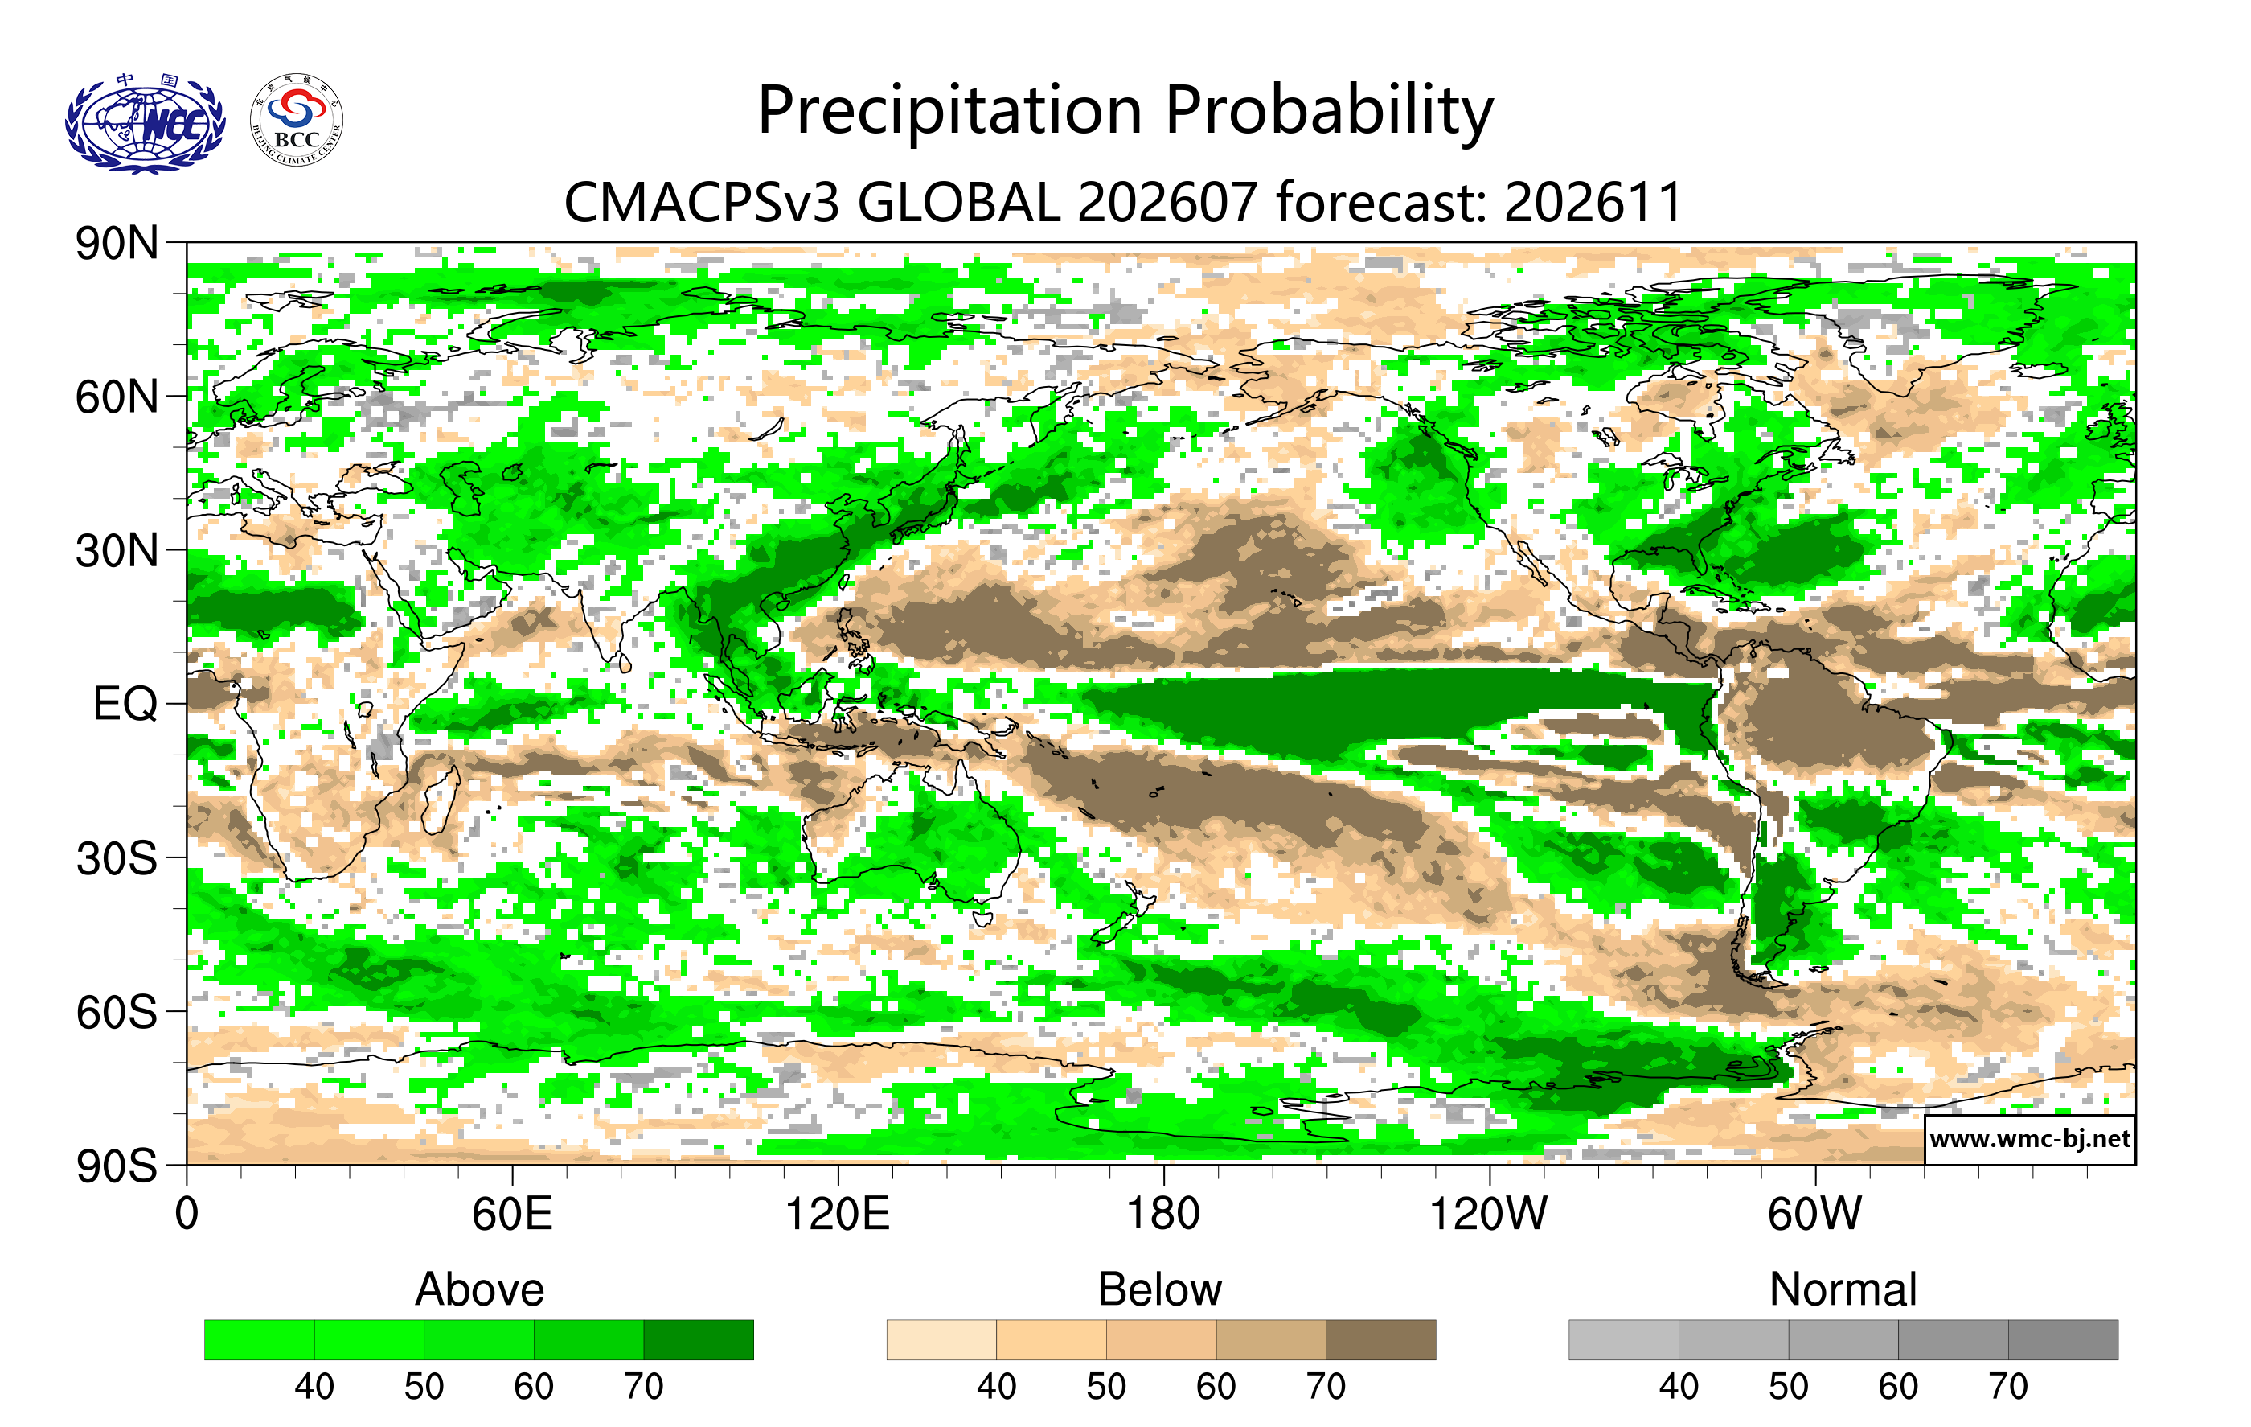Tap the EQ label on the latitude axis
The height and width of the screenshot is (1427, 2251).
125,704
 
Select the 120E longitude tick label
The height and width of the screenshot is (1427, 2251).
837,1214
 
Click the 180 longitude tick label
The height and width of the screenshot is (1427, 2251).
1163,1214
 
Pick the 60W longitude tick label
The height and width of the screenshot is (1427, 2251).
1814,1214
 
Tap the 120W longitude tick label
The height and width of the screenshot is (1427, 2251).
1488,1214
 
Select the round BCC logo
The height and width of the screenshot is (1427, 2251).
297,121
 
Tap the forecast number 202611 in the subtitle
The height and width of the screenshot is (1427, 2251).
1593,202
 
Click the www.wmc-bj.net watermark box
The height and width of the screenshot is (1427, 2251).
2029,1139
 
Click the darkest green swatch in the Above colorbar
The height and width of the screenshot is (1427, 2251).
699,1339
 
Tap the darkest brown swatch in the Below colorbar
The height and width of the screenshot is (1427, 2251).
1380,1339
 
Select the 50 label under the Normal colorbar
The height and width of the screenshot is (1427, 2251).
1788,1386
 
